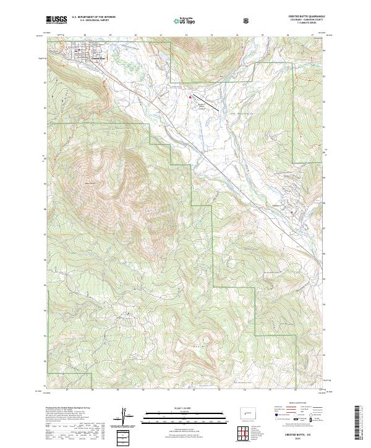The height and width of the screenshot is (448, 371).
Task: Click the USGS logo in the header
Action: pyautogui.click(x=56, y=20)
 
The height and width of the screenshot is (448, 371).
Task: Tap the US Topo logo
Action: pyautogui.click(x=185, y=20)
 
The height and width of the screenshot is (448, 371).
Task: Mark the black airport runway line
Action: pyautogui.click(x=205, y=102)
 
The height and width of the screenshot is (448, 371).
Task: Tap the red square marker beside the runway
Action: pyautogui.click(x=190, y=96)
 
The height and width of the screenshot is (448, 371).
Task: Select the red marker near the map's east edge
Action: pyautogui.click(x=291, y=211)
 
